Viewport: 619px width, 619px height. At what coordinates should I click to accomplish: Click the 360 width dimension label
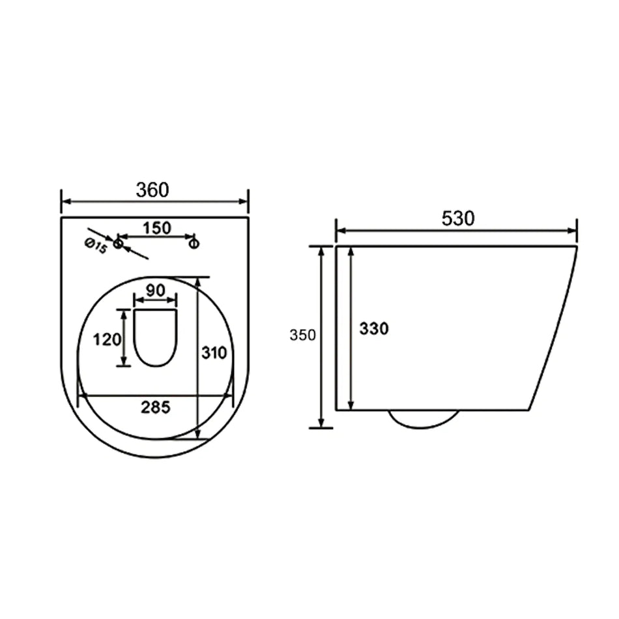[x=152, y=190]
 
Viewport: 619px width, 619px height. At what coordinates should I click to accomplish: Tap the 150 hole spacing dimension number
[x=157, y=228]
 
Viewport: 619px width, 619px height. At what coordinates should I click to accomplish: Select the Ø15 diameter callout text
[x=96, y=246]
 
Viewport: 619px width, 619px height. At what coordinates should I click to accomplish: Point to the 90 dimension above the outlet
[x=155, y=291]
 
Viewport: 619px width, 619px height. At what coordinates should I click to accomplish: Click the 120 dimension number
[x=107, y=339]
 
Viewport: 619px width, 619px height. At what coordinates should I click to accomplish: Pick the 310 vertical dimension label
[x=214, y=353]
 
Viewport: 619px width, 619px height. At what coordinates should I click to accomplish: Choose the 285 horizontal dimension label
[x=156, y=407]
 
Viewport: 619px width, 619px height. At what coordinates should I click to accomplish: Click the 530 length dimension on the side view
[x=458, y=218]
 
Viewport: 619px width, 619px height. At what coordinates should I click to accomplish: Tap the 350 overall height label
[x=303, y=335]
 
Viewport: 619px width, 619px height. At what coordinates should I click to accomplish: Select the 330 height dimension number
[x=374, y=328]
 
